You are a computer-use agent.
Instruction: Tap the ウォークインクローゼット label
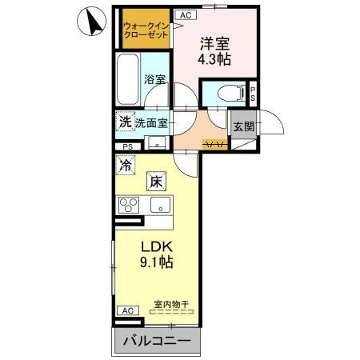[x=145, y=32]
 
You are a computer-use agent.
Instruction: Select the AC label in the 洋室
[x=184, y=15]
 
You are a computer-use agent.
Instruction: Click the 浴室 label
[x=154, y=79]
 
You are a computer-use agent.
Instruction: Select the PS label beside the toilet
[x=253, y=93]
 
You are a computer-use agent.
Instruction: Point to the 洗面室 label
[x=152, y=123]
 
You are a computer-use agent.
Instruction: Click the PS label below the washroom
[x=128, y=146]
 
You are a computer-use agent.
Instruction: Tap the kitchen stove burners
[x=129, y=205]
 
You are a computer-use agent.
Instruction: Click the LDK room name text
[x=156, y=246]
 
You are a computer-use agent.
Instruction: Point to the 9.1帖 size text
[x=157, y=262]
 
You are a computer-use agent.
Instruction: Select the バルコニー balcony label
[x=157, y=342]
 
